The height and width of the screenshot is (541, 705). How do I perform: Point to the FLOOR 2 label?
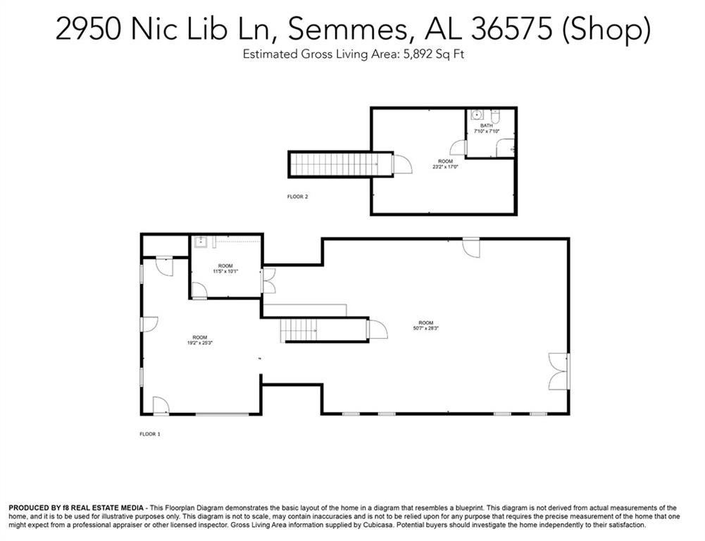pos(297,197)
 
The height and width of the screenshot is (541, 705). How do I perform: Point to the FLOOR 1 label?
pos(149,434)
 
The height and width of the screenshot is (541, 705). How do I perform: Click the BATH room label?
pos(487,126)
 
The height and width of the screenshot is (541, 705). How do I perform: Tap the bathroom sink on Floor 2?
pos(475,114)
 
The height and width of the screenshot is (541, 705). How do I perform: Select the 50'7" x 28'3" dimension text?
pos(426,328)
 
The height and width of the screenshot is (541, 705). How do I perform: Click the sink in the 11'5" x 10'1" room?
pos(200,242)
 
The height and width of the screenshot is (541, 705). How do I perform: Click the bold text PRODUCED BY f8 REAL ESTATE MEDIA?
pos(76,508)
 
